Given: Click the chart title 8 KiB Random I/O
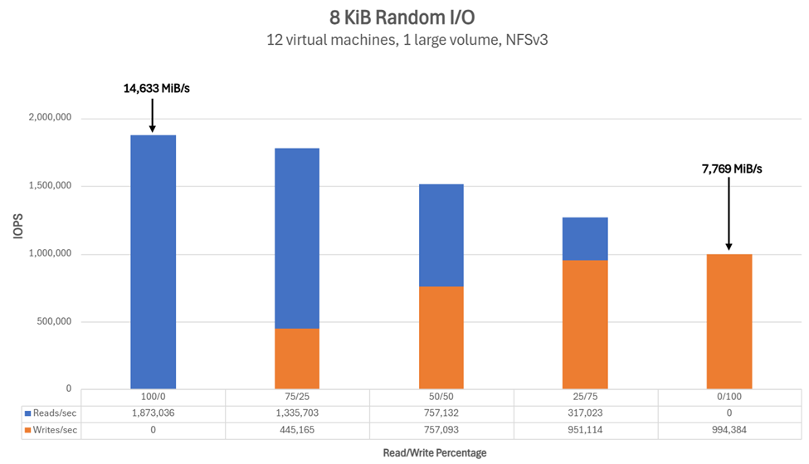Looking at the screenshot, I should click(405, 17).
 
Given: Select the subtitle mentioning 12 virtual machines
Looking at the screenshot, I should click(405, 40).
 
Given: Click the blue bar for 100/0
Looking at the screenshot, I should click(153, 261).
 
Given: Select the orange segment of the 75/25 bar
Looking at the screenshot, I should click(297, 359).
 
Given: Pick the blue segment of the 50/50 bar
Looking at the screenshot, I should click(441, 235).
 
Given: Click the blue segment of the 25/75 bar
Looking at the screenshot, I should click(585, 239).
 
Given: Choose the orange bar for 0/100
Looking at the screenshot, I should click(729, 321).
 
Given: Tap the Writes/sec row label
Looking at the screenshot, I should click(51, 430).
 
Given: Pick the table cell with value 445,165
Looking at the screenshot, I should click(297, 430).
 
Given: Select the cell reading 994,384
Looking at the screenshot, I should click(729, 430).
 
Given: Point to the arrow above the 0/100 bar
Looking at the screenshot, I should click(729, 212).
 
